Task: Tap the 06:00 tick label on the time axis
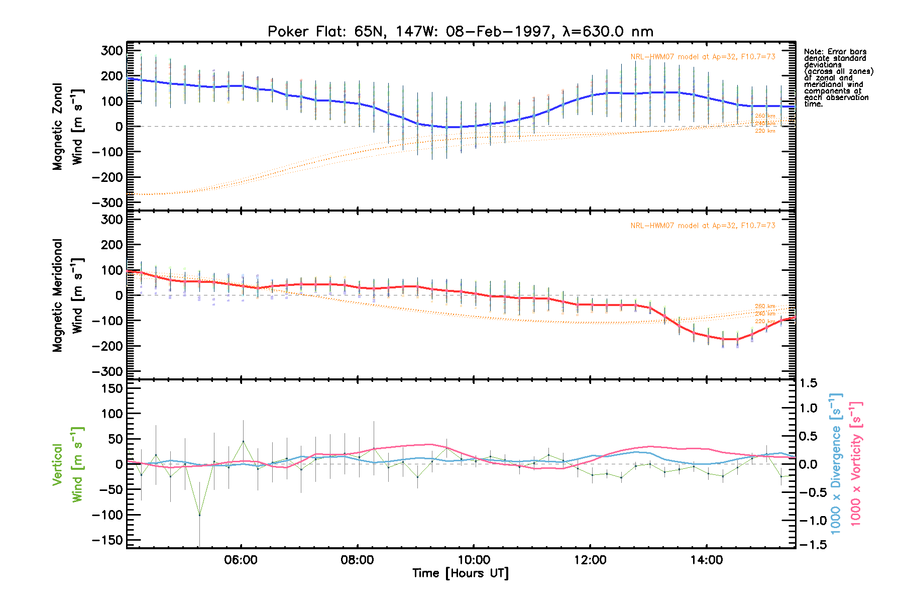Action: pyautogui.click(x=241, y=560)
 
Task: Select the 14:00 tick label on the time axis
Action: pyautogui.click(x=706, y=560)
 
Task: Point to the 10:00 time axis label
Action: pyautogui.click(x=474, y=560)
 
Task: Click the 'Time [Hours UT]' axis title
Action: pyautogui.click(x=460, y=573)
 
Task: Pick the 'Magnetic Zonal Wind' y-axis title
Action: pyautogui.click(x=68, y=127)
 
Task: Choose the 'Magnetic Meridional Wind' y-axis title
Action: pyautogui.click(x=68, y=295)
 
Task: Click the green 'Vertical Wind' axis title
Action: pyautogui.click(x=68, y=465)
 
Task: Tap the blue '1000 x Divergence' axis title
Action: pyautogui.click(x=836, y=463)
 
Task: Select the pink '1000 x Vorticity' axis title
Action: pyautogui.click(x=856, y=463)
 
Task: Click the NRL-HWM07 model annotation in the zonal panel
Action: pyautogui.click(x=703, y=57)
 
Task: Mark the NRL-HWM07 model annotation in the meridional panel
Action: pyautogui.click(x=703, y=226)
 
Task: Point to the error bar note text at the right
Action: pyautogui.click(x=838, y=78)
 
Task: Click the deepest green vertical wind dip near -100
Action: pyautogui.click(x=199, y=515)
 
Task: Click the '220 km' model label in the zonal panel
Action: pyautogui.click(x=765, y=131)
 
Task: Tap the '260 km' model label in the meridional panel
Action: pyautogui.click(x=765, y=307)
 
